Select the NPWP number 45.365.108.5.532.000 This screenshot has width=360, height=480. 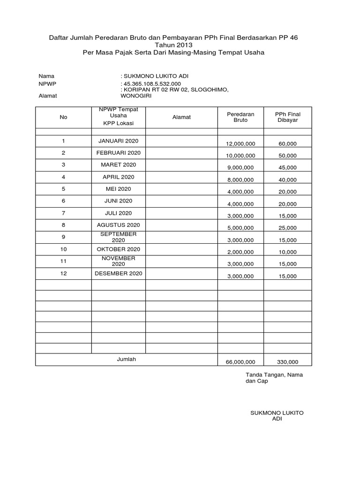point(152,84)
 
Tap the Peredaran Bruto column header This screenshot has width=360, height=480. point(240,117)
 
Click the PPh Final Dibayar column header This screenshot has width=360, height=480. point(287,117)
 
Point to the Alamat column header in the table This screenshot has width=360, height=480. point(181,117)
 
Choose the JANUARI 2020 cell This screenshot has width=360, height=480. point(119,141)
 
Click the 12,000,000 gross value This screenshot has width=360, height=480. point(240,144)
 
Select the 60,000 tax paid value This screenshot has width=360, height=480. point(288,144)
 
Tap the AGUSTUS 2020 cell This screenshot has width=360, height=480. point(119,225)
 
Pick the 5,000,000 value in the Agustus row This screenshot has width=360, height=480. point(240,228)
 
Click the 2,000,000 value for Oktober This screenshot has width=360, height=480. point(240,252)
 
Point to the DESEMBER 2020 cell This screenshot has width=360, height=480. point(119,273)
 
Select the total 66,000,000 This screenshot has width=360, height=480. point(240,362)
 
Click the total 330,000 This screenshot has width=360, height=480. point(288,362)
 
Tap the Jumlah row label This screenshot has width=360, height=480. point(126,359)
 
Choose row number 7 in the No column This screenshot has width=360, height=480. point(63,213)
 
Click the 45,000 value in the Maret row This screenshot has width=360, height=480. point(288,168)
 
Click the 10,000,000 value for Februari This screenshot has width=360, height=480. point(240,156)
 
